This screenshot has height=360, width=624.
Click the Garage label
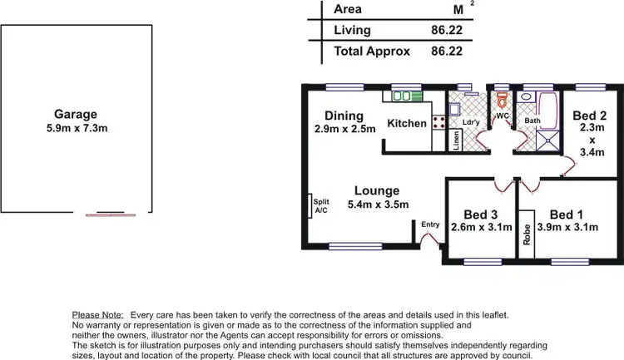click(76, 115)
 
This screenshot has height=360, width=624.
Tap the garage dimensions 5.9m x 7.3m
click(76, 128)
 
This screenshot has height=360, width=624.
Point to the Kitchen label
click(407, 124)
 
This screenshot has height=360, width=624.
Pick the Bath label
click(532, 121)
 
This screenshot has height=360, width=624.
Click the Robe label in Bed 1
click(526, 229)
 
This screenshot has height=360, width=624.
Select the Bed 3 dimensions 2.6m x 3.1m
click(481, 227)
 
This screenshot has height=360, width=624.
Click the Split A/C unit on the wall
click(308, 205)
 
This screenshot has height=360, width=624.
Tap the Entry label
click(430, 224)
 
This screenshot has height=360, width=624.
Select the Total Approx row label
click(372, 51)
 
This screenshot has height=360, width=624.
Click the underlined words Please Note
click(97, 316)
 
